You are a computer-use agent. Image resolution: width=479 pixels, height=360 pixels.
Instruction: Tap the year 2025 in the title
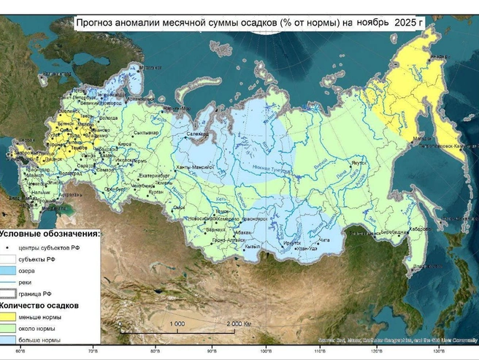click(x=409, y=23)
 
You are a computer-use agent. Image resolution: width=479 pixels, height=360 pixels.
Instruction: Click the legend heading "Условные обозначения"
click(x=49, y=234)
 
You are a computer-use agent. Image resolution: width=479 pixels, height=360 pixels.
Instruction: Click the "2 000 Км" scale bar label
click(x=238, y=323)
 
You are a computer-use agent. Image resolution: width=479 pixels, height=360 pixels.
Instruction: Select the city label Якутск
click(x=358, y=164)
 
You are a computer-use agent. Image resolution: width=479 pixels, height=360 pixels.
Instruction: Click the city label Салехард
click(x=197, y=134)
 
